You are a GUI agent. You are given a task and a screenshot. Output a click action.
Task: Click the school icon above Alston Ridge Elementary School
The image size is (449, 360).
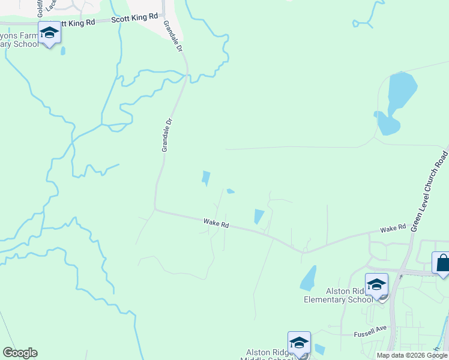376,284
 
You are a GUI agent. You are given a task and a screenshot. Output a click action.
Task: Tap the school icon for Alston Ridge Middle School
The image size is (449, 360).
299,343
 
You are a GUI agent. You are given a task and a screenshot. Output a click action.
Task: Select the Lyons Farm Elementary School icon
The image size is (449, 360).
49,32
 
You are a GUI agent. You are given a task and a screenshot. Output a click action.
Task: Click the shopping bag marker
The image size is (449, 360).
442,263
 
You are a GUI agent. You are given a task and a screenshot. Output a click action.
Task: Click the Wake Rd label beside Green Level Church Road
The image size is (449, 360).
393,229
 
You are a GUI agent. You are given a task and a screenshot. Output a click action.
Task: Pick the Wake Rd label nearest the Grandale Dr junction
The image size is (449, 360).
216,224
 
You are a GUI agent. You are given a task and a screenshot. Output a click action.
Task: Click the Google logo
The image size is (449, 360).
20,353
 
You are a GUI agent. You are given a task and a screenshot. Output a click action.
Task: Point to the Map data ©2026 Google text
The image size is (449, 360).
411,355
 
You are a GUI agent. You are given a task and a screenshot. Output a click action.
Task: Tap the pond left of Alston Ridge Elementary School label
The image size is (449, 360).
308,278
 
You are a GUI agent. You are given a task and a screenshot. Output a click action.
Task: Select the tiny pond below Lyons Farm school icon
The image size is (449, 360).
63,50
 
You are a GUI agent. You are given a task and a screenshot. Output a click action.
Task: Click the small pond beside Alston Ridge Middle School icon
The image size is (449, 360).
320,349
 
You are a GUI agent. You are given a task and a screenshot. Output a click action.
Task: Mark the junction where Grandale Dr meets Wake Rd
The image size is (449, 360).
155,209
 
